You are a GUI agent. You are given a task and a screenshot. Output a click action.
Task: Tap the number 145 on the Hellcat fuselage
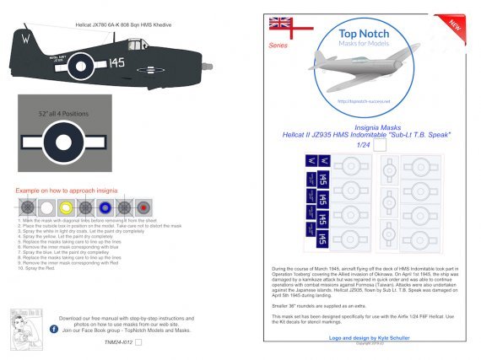(116, 62)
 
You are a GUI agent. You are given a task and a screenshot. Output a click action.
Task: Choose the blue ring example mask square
(105, 207)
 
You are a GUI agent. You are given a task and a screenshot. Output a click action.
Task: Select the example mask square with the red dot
(144, 207)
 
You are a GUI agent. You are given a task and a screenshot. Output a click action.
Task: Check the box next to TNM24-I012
(139, 342)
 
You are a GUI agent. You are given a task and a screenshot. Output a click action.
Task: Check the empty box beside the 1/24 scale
(381, 144)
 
